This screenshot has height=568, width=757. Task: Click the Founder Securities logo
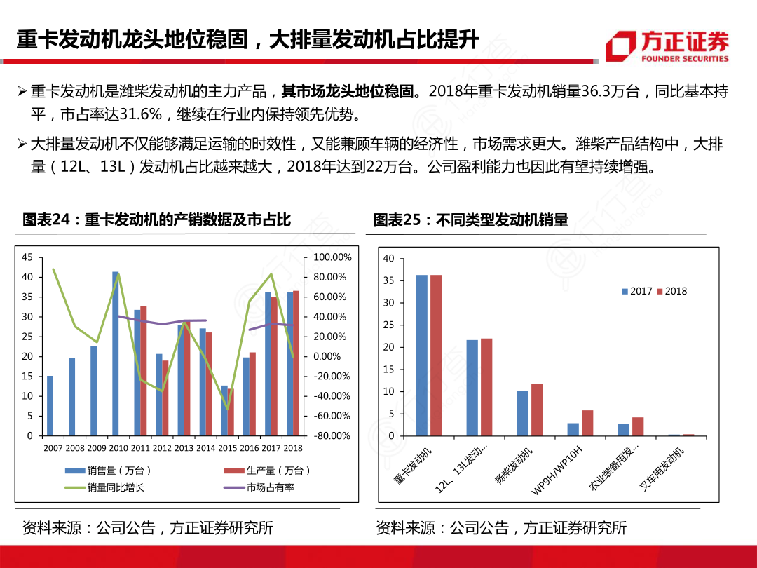(667, 46)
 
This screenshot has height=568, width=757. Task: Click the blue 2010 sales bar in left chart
(116, 353)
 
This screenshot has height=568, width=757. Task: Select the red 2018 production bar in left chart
(296, 363)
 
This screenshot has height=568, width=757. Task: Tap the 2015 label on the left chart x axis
(228, 448)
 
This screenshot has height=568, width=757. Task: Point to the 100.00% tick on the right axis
(332, 257)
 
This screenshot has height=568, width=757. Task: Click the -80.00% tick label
(332, 435)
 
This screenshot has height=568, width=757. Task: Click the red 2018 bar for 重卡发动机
(436, 355)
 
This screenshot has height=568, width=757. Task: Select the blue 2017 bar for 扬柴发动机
(523, 413)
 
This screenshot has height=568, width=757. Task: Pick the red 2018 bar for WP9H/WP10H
(587, 423)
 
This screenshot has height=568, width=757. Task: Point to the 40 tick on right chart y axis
(389, 259)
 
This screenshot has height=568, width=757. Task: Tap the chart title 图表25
(470, 219)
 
